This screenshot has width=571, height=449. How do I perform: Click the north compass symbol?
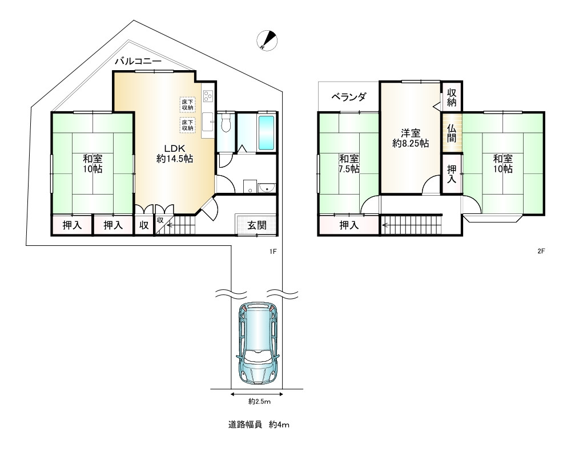[x=267, y=40]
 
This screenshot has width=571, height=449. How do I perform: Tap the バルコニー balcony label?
[x=138, y=61]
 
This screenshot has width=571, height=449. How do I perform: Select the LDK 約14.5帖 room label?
[x=174, y=153]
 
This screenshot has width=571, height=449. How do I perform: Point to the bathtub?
[x=266, y=133]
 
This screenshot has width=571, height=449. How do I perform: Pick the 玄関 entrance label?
[x=257, y=225]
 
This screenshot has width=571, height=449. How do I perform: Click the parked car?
[x=258, y=343]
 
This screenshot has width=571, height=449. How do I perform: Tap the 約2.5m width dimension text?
[x=260, y=402]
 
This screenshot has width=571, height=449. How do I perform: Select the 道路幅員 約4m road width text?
[x=259, y=424]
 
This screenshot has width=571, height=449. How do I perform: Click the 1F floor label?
[x=273, y=251]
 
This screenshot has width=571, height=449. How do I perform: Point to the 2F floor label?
[x=541, y=251]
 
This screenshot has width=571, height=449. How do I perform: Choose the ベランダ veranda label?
[x=349, y=97]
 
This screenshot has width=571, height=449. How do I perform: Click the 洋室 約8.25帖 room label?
[x=411, y=138]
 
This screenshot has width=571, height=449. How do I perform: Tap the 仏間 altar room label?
[x=452, y=133]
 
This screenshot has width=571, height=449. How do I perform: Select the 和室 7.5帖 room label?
[x=349, y=164]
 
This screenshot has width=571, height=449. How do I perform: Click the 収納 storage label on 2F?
[x=452, y=97]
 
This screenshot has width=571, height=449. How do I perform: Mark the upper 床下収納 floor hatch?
[x=187, y=105]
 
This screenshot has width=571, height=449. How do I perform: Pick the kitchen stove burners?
[x=208, y=96]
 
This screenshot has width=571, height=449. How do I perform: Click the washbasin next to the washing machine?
[x=267, y=188]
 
